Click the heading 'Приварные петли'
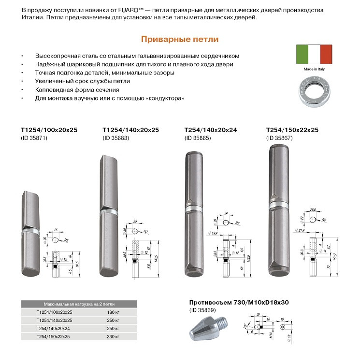click(180, 39)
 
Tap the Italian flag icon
click(314, 55)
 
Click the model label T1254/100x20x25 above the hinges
click(49, 130)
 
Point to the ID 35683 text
click(117, 139)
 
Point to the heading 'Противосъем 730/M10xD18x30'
click(238, 302)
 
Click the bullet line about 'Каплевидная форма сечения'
click(77, 90)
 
